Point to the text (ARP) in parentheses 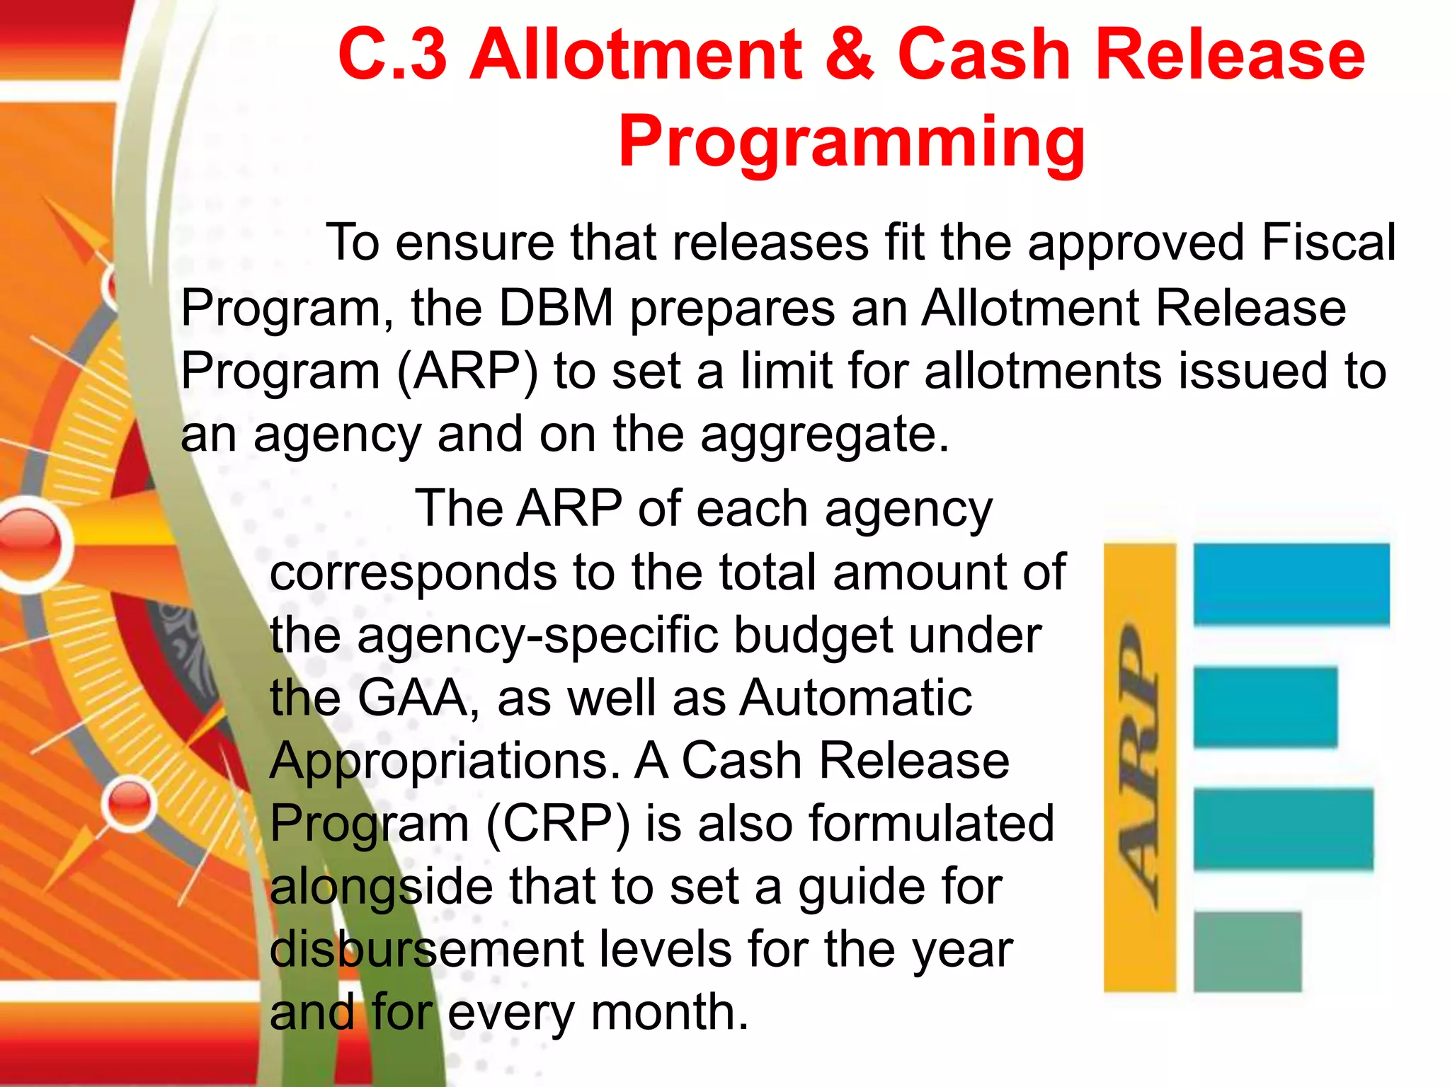[467, 371]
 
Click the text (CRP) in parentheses [557, 824]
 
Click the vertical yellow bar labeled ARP [1139, 767]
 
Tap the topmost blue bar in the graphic [1291, 585]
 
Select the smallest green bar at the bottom [1247, 952]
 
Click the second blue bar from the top [1265, 707]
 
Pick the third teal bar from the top [1283, 829]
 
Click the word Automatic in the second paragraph [856, 698]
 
